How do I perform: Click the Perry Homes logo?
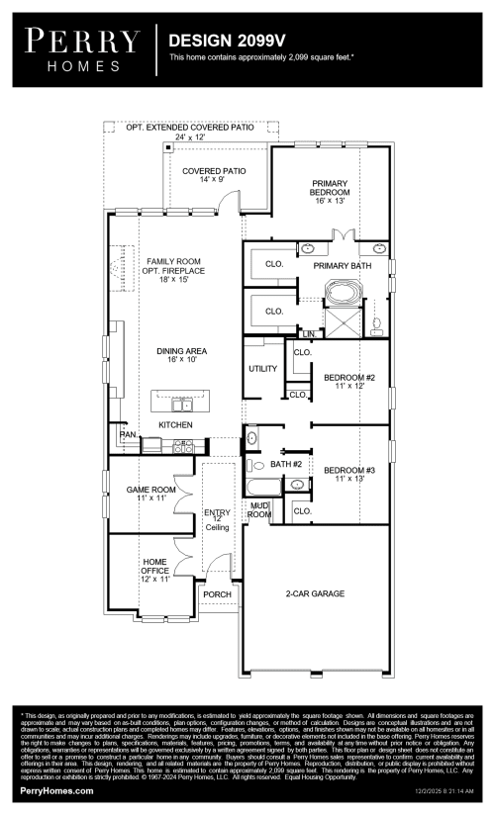pos(82,48)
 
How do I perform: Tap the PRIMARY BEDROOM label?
pos(330,189)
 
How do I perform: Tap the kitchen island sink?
pos(181,404)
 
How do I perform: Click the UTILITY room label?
pos(263,369)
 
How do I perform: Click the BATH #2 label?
pos(286,464)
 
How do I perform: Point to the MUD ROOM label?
pos(259,510)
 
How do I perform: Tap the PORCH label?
pos(217,594)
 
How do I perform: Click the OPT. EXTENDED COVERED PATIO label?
pos(189,128)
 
